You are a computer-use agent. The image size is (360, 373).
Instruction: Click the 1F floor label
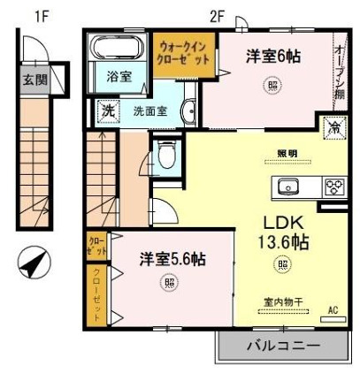tap(40, 15)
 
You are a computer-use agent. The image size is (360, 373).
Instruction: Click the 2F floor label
tap(218, 15)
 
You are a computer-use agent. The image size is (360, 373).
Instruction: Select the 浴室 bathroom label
tap(119, 76)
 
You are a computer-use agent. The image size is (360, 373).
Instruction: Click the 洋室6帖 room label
tap(273, 57)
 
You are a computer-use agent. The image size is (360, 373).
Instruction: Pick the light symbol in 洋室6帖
tap(271, 87)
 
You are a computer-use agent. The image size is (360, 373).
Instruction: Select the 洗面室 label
tap(149, 112)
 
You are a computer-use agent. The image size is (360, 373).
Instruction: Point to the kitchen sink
tap(288, 187)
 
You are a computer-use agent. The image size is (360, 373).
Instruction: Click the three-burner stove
tap(334, 186)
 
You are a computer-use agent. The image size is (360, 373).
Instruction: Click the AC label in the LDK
tap(333, 310)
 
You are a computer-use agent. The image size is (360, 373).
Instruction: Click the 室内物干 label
tap(284, 301)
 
